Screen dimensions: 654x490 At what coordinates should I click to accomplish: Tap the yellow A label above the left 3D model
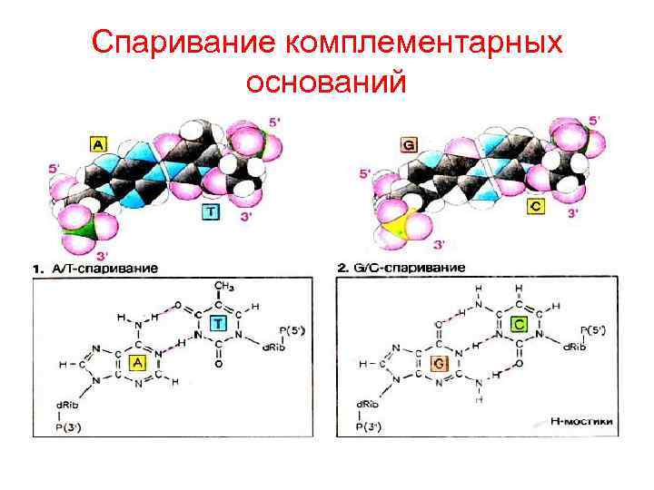98,143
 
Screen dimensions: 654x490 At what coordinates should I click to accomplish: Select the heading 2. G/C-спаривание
401,268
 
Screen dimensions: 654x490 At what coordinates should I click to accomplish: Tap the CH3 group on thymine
219,288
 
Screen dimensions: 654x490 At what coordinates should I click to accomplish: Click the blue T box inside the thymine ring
218,324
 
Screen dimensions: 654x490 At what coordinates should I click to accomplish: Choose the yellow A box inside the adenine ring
138,363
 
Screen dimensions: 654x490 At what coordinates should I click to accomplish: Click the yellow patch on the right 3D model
400,221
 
